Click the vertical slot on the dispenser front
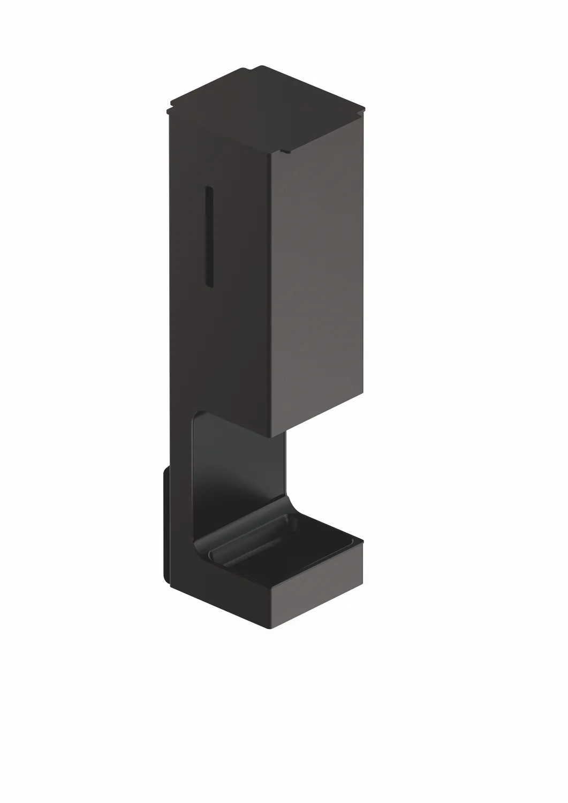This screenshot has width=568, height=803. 209,236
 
